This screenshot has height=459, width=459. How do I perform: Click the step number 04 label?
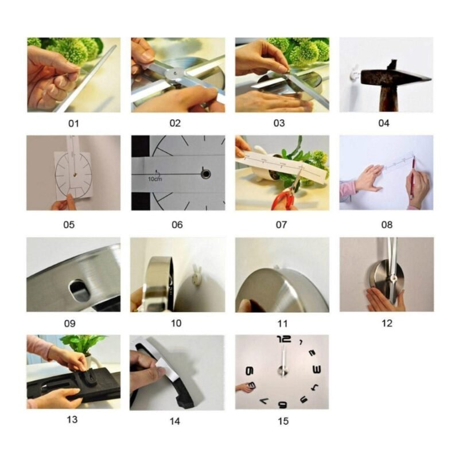[383, 123]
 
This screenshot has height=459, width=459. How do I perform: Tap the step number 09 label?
[69, 324]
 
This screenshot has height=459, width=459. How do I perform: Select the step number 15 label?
[283, 421]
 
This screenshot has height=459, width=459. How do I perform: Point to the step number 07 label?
[281, 225]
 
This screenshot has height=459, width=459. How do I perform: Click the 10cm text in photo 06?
[154, 179]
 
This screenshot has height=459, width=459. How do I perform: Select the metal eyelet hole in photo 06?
[205, 174]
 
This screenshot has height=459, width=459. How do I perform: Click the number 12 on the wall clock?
[284, 339]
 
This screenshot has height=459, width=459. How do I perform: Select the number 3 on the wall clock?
[317, 369]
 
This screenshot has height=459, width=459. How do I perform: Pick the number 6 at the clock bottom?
[282, 405]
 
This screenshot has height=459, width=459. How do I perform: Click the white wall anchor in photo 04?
[354, 72]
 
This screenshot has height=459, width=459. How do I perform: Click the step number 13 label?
[72, 419]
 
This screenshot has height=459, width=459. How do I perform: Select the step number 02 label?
[175, 123]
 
